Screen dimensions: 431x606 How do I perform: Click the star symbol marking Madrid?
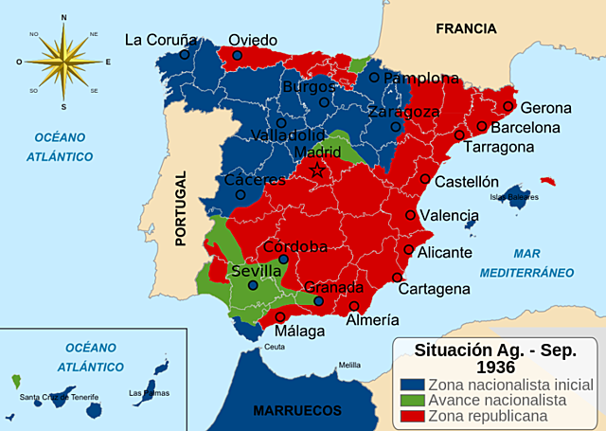[318, 171]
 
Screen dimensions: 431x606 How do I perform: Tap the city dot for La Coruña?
[185, 55]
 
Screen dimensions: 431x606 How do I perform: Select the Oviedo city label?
[253, 40]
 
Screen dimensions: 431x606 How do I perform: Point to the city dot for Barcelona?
[482, 126]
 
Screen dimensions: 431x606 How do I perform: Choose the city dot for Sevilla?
[253, 285]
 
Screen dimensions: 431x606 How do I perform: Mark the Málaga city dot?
[280, 316]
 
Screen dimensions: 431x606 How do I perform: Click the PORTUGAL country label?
[182, 208]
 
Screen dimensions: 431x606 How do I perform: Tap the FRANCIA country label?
[466, 28]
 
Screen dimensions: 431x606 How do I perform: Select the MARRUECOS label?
[297, 410]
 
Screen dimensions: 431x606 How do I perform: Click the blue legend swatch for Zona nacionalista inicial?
[411, 385]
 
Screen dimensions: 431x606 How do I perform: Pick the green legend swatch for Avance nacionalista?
[411, 400]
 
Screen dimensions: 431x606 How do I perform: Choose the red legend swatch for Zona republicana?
[411, 415]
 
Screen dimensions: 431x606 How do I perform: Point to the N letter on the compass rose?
[63, 17]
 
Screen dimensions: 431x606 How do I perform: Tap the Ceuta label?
[274, 348]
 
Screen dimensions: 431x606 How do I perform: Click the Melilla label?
[350, 365]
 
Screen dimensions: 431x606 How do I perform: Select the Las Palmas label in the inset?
[147, 393]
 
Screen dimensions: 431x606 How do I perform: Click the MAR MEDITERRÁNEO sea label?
[526, 262]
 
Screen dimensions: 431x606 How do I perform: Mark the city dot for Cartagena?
[397, 278]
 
